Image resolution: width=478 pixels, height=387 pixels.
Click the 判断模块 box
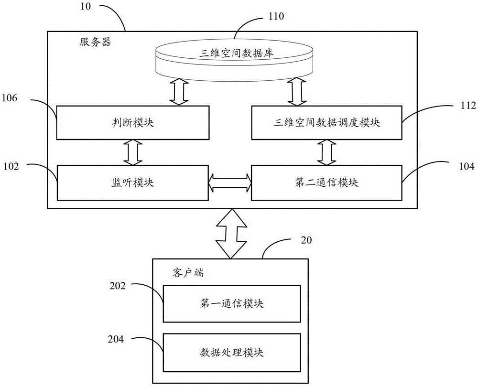click(x=133, y=122)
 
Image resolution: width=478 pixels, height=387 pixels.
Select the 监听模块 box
click(x=133, y=183)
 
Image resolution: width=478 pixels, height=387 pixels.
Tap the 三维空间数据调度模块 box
click(x=326, y=122)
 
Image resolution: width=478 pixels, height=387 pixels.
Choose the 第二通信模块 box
click(x=326, y=183)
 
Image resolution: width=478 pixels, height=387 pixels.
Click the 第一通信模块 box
click(x=232, y=303)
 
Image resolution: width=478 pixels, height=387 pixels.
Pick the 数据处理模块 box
click(x=232, y=353)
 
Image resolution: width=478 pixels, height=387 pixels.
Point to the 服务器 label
click(x=95, y=42)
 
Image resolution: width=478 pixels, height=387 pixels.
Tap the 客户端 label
click(x=188, y=272)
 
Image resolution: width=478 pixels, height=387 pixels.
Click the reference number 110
click(x=276, y=16)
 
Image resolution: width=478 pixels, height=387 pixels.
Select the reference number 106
click(x=10, y=98)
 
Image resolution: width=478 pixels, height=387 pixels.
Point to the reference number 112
click(x=468, y=105)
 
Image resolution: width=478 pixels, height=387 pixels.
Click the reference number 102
click(x=11, y=166)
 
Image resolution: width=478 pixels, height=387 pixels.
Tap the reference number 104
click(x=467, y=166)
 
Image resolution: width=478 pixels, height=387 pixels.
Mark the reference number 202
click(x=118, y=286)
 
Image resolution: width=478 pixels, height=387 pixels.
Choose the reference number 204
click(x=116, y=339)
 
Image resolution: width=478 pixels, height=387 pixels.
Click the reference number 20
click(x=306, y=240)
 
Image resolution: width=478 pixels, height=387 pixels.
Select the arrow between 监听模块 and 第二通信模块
click(x=230, y=183)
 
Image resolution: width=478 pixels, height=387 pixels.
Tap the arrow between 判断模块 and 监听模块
click(x=133, y=152)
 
